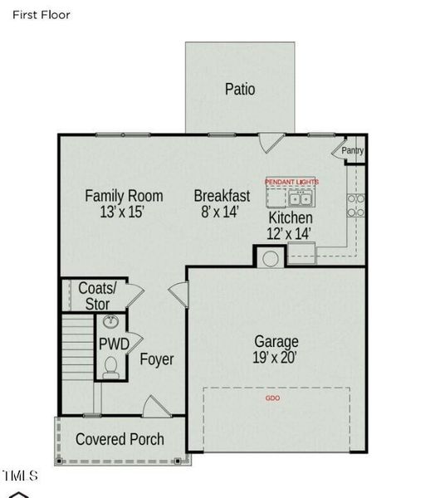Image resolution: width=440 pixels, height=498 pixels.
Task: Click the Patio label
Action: [x=240, y=89]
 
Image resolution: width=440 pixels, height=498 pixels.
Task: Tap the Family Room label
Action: [x=124, y=196]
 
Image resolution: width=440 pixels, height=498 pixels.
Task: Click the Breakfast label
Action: [x=222, y=196]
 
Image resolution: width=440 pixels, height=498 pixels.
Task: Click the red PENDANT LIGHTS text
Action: [x=291, y=181]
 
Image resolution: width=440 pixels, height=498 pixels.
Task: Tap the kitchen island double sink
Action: [x=300, y=198]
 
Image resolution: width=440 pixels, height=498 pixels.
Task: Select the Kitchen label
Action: [x=291, y=217]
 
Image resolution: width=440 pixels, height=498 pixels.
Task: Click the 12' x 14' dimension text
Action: [x=291, y=233]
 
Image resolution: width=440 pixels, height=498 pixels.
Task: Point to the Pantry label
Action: [x=353, y=151]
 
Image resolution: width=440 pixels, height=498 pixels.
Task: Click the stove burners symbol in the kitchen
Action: [x=356, y=205]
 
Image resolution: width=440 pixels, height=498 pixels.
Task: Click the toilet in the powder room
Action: [x=110, y=365]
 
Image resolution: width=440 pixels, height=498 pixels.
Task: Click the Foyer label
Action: [x=156, y=360]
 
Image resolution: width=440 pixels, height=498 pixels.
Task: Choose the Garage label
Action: [x=276, y=341]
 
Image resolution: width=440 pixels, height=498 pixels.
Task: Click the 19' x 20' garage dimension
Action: [x=276, y=359]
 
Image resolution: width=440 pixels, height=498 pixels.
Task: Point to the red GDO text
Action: [x=272, y=398]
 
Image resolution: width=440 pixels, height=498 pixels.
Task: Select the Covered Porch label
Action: [x=120, y=439]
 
